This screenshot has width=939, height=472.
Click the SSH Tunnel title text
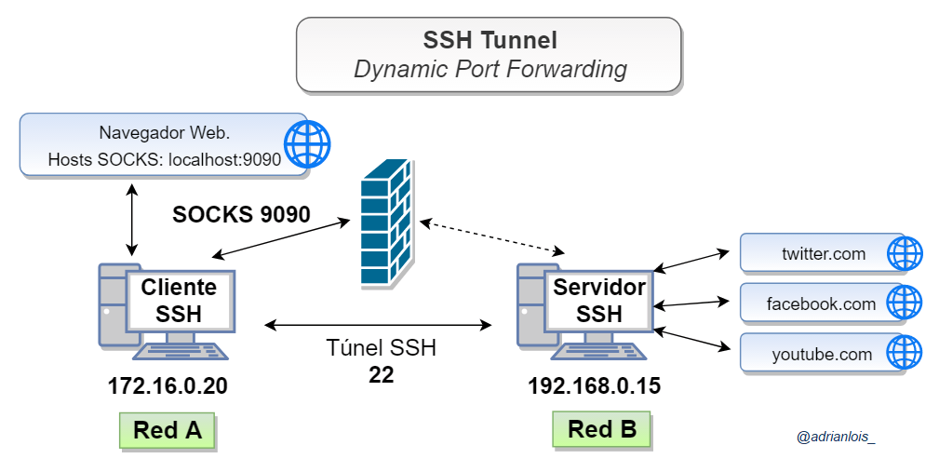click(x=490, y=40)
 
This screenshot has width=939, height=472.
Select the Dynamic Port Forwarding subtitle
click(x=490, y=69)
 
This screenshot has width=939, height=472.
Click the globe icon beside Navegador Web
click(x=307, y=144)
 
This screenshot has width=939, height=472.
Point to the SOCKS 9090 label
click(x=241, y=214)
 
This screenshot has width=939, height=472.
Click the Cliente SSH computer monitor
click(x=179, y=300)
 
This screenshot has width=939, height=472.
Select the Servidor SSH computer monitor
click(x=598, y=300)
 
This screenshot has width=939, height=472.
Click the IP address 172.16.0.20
click(x=168, y=385)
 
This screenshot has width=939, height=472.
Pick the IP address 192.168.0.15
click(x=594, y=385)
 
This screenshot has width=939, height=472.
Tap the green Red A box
click(x=167, y=430)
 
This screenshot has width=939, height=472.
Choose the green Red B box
click(x=602, y=429)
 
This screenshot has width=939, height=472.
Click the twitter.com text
click(x=823, y=253)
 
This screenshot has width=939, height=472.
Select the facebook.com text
click(x=821, y=303)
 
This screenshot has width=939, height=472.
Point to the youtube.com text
click(x=822, y=354)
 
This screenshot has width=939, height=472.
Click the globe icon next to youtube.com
click(x=904, y=354)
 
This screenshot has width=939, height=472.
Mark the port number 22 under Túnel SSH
click(x=381, y=374)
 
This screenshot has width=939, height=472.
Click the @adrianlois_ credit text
click(x=836, y=436)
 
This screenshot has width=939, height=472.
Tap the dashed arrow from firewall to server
click(x=492, y=236)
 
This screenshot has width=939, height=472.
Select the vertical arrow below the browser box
click(x=132, y=218)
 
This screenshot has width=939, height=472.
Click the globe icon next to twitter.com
click(x=904, y=253)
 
